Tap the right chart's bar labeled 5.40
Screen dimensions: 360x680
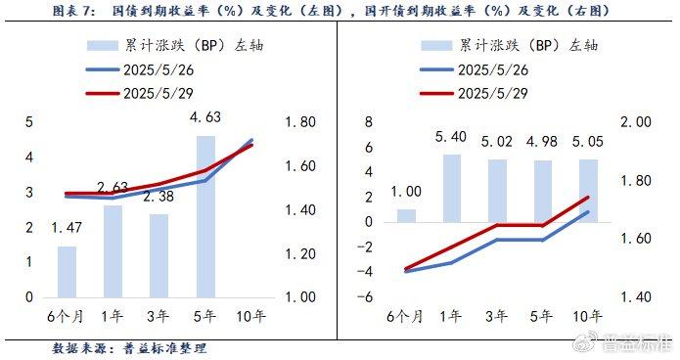pos(452,187)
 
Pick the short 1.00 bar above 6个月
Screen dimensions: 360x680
pos(406,215)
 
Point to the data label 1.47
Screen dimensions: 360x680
pos(68,228)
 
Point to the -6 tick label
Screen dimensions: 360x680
pos(367,296)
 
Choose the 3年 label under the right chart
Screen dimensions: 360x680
pos(497,315)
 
